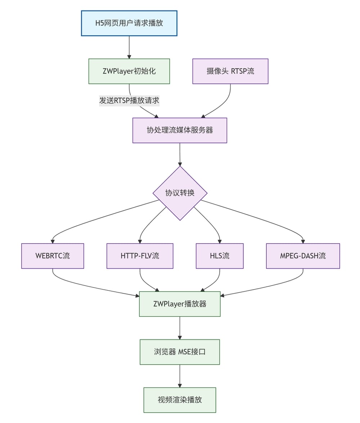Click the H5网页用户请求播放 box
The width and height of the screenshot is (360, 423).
click(129, 23)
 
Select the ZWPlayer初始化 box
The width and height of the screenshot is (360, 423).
click(129, 71)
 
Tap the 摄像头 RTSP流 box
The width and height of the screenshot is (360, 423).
click(230, 71)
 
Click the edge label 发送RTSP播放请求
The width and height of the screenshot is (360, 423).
click(129, 101)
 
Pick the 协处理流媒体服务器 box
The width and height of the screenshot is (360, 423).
click(180, 130)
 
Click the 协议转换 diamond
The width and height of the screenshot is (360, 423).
click(180, 193)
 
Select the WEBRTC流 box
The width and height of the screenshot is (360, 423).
click(53, 256)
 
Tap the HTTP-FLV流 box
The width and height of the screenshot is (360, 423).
click(140, 256)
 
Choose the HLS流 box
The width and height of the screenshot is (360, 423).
click(220, 256)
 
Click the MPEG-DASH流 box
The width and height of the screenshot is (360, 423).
click(303, 256)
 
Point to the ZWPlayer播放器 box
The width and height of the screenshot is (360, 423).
click(180, 304)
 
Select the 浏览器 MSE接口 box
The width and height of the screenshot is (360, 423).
click(180, 352)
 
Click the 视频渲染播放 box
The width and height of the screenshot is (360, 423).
click(180, 400)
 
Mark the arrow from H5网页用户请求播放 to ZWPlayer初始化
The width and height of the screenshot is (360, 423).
click(129, 47)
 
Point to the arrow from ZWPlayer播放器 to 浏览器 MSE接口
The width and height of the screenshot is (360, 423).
click(180, 328)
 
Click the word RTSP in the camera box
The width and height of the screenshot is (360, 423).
click(239, 71)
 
